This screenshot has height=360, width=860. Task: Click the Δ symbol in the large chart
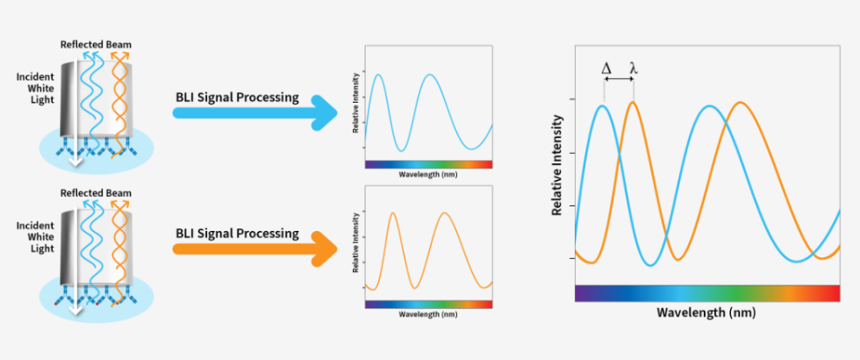(x=606, y=67)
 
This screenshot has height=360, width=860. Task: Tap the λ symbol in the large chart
(x=634, y=67)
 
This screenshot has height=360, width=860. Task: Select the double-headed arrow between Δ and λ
(x=619, y=81)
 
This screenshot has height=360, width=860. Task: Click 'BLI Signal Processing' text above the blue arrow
(x=237, y=97)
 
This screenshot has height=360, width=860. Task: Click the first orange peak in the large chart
(x=632, y=102)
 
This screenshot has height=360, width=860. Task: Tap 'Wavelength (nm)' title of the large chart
(x=706, y=313)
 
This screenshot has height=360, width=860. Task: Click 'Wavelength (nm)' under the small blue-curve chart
(x=428, y=174)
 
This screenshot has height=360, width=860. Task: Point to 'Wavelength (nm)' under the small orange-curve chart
(x=428, y=313)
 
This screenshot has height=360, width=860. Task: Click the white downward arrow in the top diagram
(x=76, y=159)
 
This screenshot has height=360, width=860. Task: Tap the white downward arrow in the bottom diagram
(x=76, y=307)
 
